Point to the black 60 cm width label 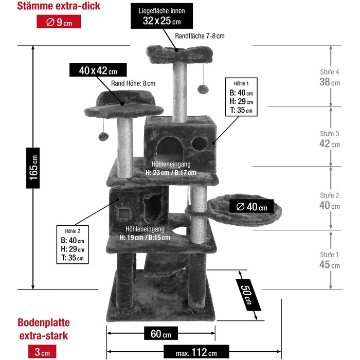(x=160, y=334)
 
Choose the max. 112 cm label (x=196, y=352)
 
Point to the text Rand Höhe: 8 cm (x=133, y=83)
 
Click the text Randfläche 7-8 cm (x=200, y=36)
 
